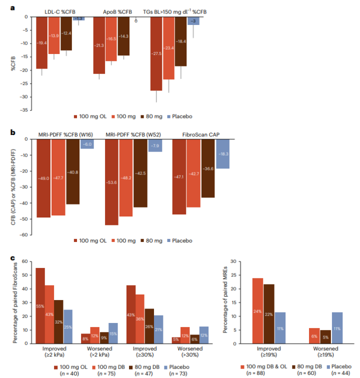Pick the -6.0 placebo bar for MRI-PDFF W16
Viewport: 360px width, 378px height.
(x=87, y=144)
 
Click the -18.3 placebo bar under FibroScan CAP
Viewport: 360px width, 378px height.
(x=222, y=154)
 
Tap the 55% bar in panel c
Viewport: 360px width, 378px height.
(x=40, y=306)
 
